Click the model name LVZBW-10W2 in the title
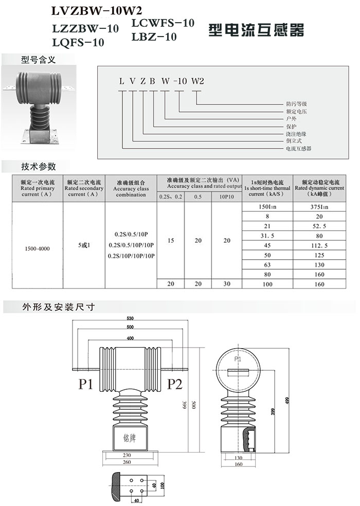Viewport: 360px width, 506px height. [x=97, y=11]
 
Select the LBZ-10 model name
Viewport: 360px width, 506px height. [x=154, y=37]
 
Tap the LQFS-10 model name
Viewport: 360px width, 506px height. [x=78, y=42]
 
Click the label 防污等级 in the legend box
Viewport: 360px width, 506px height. [x=296, y=104]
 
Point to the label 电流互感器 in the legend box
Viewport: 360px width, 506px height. [x=299, y=149]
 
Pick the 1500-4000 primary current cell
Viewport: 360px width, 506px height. [x=38, y=249]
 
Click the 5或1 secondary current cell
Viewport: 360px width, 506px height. [x=84, y=245]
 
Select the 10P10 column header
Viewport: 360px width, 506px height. [x=227, y=196]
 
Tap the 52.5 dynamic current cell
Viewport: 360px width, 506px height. [x=319, y=226]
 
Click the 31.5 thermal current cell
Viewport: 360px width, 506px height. [x=267, y=236]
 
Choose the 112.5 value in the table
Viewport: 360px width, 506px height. [x=319, y=246]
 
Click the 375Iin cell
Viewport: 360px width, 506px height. [x=319, y=207]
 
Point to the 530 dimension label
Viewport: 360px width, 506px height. [x=130, y=318]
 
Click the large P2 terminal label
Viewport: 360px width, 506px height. [x=175, y=384]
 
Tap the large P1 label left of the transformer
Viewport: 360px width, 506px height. [x=86, y=384]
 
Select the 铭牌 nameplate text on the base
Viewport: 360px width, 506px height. [x=130, y=438]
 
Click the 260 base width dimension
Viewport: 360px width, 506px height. [x=127, y=462]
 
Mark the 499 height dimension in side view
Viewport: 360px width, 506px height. [x=287, y=401]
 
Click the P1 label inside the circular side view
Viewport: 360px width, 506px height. [x=238, y=359]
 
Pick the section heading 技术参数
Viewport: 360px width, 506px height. [x=39, y=167]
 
